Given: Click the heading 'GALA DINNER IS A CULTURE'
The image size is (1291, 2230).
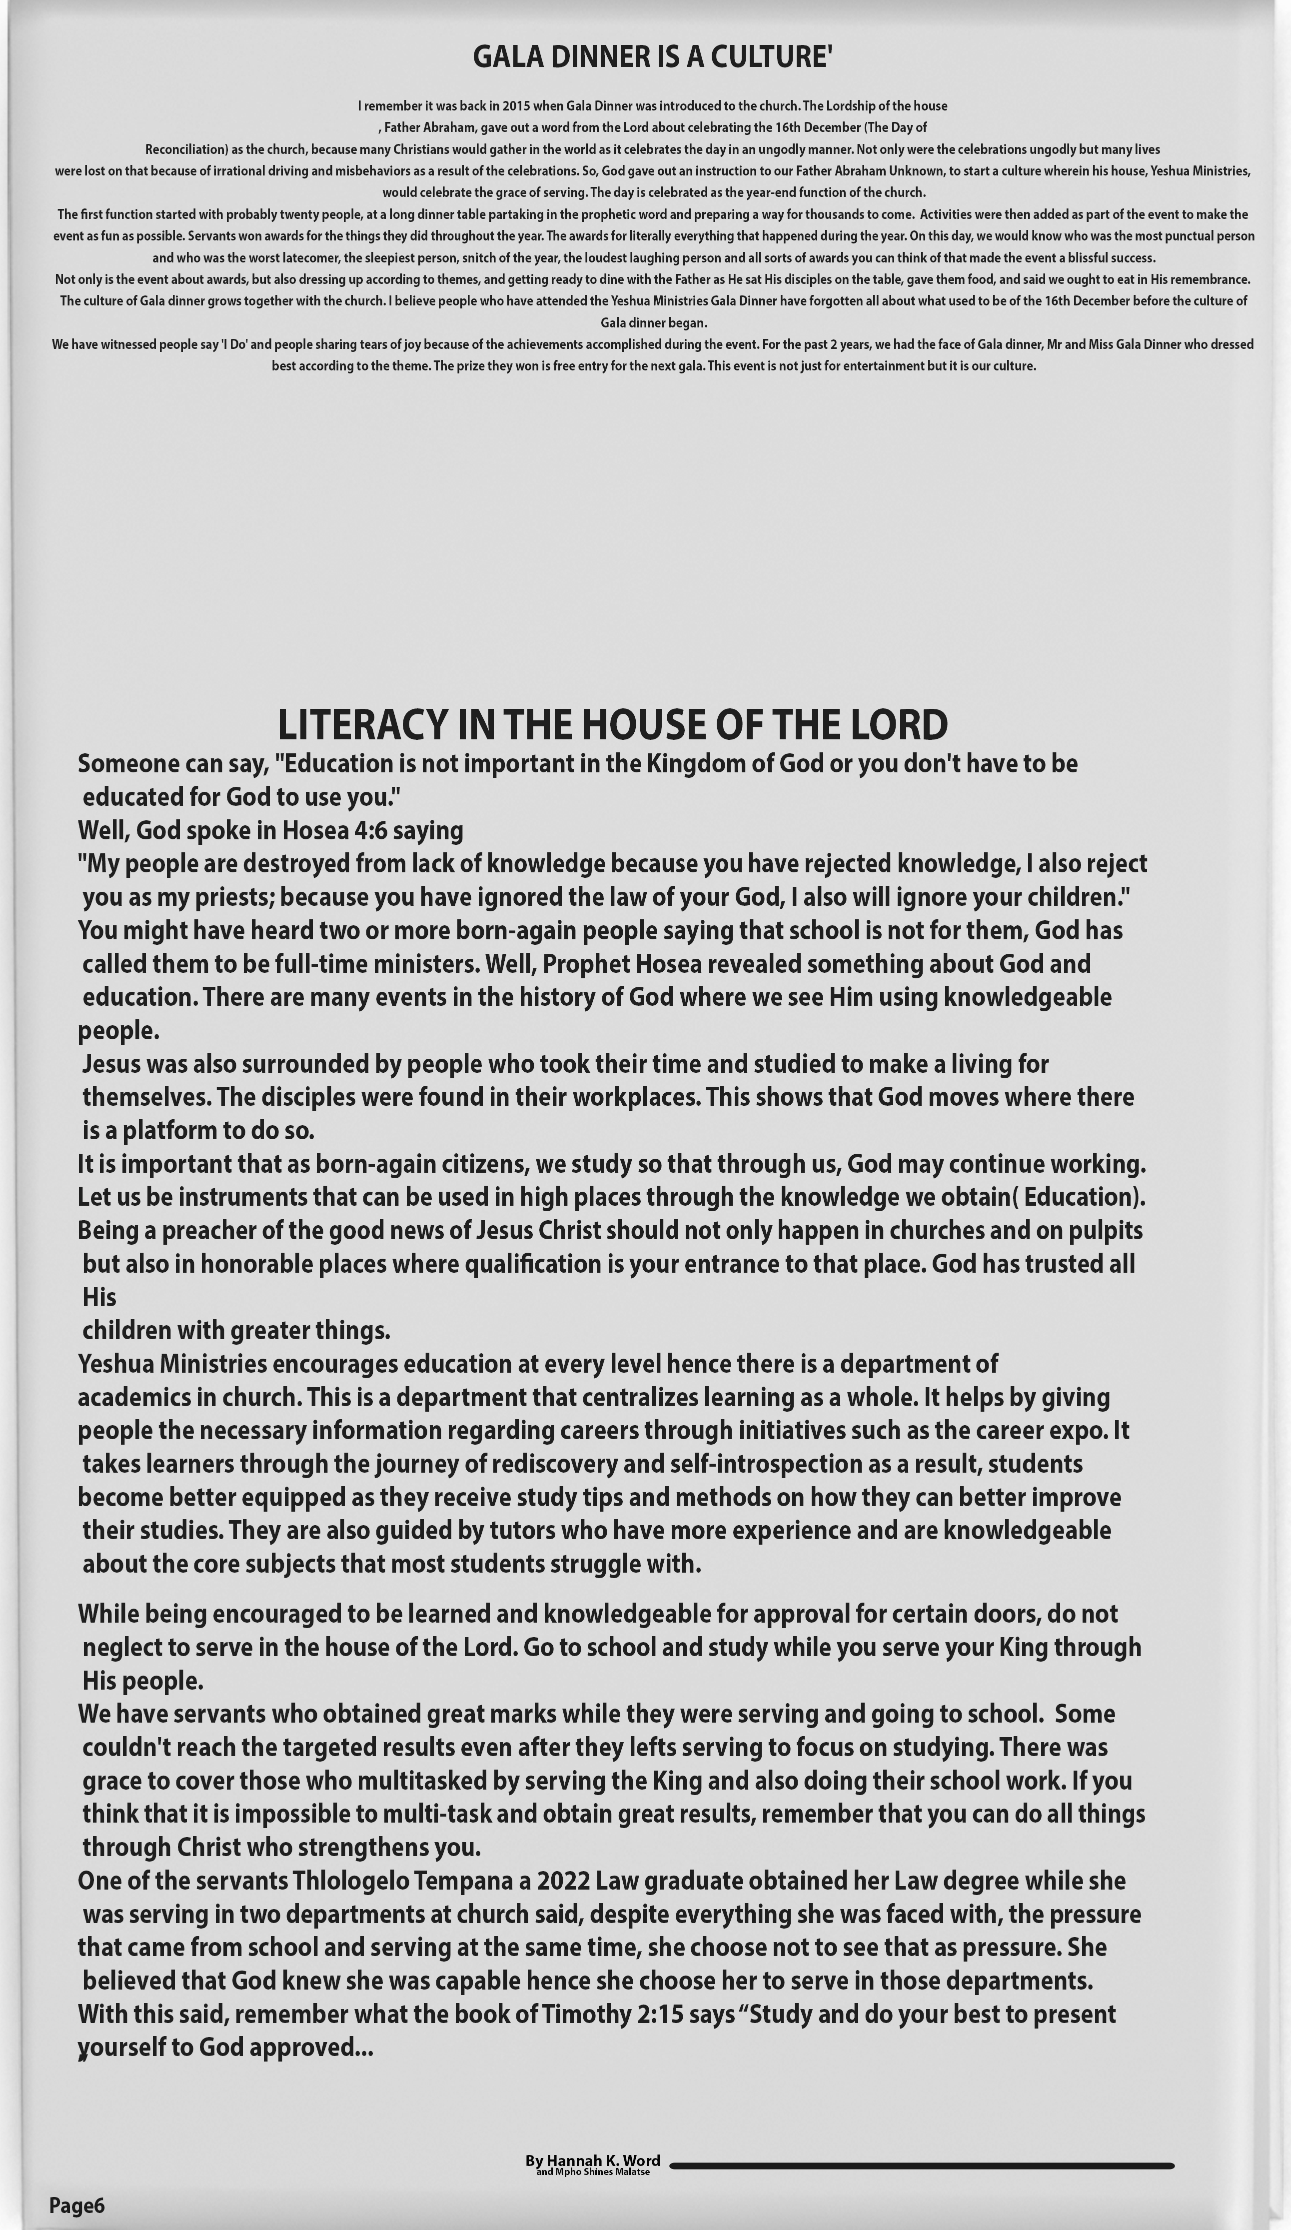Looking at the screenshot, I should (x=652, y=56).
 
